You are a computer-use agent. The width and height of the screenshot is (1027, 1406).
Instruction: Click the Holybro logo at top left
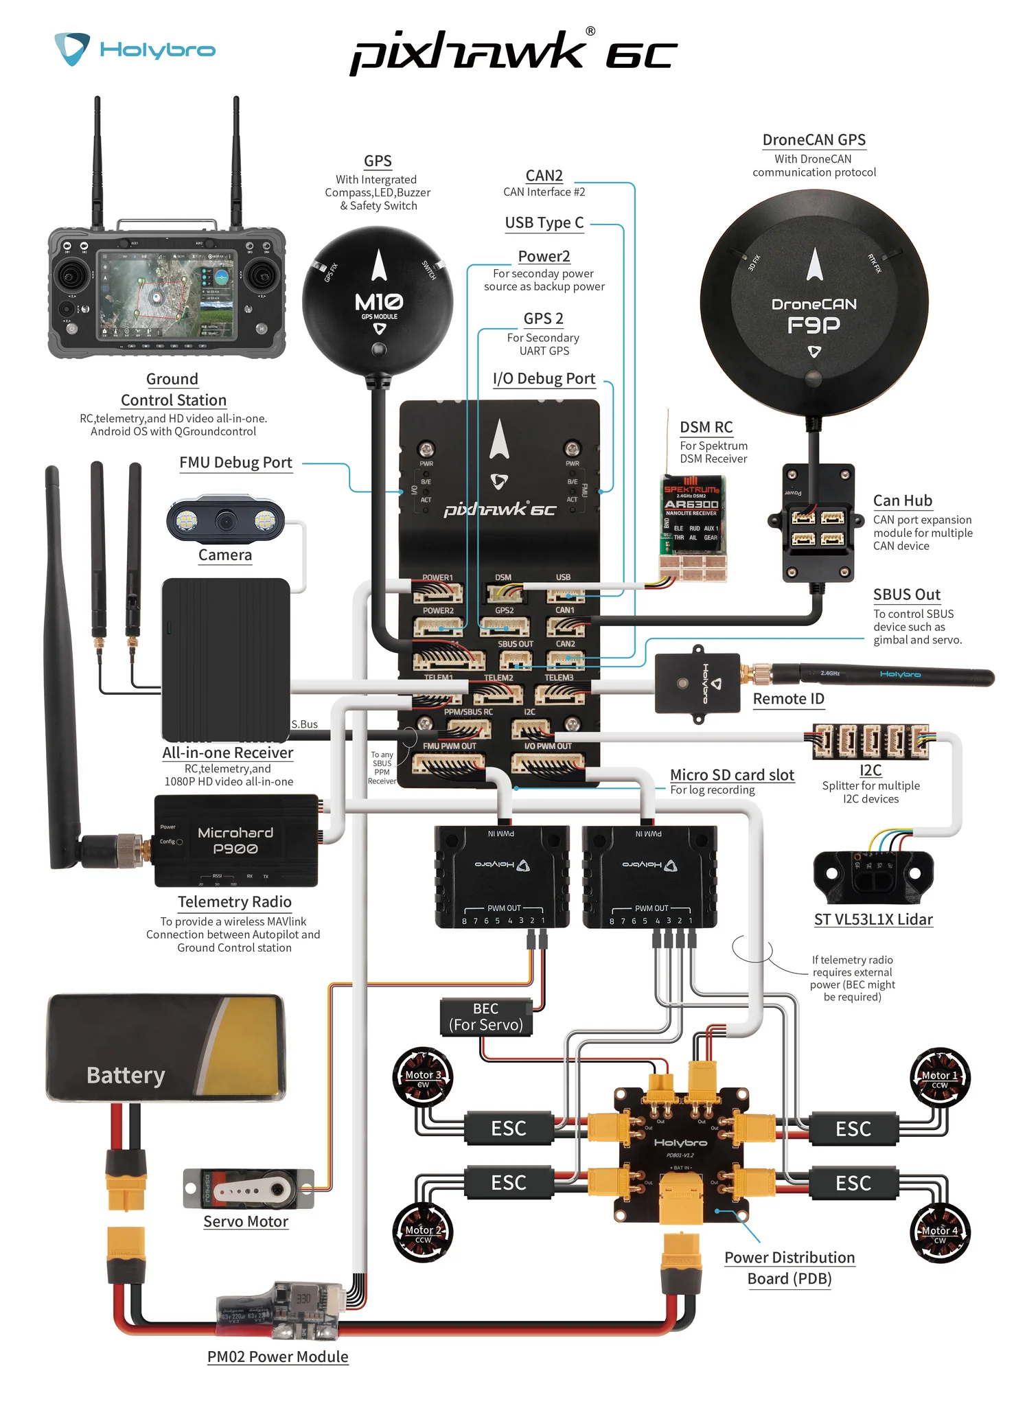(x=135, y=49)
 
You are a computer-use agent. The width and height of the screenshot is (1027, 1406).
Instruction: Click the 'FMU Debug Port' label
(x=235, y=463)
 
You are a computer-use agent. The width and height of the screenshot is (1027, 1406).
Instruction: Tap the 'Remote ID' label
(x=788, y=699)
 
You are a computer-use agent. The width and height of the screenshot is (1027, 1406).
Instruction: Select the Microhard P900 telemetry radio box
(x=235, y=841)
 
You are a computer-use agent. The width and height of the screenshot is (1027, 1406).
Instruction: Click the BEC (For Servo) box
(x=485, y=1017)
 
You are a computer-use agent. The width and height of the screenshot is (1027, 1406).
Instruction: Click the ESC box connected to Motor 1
(x=853, y=1129)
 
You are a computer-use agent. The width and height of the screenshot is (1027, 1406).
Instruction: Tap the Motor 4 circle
(x=939, y=1233)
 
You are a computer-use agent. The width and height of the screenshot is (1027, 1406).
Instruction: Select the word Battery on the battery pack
(x=126, y=1075)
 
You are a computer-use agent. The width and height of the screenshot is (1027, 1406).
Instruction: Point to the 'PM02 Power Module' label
(x=278, y=1357)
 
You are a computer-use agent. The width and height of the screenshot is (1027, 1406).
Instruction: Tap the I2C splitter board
(x=870, y=741)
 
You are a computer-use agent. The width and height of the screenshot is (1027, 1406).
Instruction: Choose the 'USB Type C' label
(x=544, y=223)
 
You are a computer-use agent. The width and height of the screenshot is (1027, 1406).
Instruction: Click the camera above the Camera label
(x=225, y=521)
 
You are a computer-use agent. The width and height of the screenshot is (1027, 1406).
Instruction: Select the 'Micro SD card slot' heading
(x=732, y=775)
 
